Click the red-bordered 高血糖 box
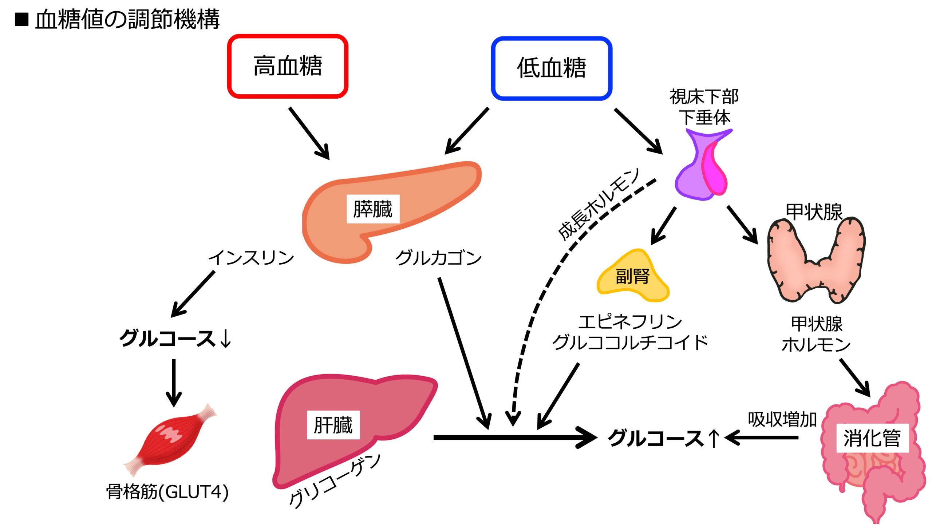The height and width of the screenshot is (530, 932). [x=288, y=66]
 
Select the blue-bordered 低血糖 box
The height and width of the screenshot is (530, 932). [x=551, y=68]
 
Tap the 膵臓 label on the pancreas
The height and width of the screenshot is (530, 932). [x=373, y=209]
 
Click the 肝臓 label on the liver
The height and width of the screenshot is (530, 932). [x=333, y=425]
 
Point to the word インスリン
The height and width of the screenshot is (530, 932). [x=251, y=258]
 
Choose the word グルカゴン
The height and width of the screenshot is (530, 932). [x=438, y=258]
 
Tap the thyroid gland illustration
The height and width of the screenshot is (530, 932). [x=815, y=262]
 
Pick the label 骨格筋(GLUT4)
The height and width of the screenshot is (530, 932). [x=167, y=492]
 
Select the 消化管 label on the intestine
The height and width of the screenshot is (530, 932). [x=872, y=438]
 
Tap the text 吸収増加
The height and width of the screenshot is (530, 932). [x=782, y=419]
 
